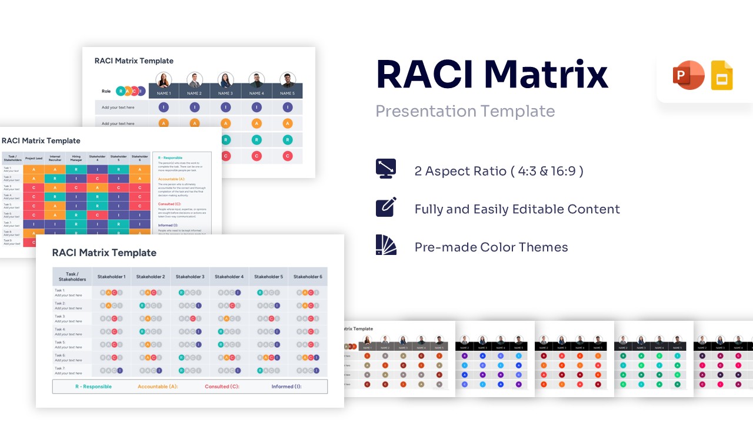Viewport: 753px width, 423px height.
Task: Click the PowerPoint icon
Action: (x=688, y=76)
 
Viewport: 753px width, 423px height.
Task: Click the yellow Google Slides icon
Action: (x=722, y=76)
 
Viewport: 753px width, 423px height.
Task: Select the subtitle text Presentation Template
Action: (x=465, y=111)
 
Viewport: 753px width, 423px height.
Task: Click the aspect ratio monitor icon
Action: (x=386, y=169)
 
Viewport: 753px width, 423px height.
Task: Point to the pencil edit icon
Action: (x=386, y=207)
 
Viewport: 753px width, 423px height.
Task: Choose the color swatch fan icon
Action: (x=386, y=245)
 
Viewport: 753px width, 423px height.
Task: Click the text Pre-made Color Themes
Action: (x=491, y=247)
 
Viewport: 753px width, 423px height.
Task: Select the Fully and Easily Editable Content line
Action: (x=517, y=209)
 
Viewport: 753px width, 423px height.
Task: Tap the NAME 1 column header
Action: (x=164, y=93)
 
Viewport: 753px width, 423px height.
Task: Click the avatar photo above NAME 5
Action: (x=287, y=80)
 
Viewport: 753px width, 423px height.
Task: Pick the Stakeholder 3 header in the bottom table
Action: (x=190, y=277)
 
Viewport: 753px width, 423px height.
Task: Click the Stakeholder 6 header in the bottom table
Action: (x=308, y=277)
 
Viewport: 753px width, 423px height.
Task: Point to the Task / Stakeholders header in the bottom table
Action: (x=72, y=277)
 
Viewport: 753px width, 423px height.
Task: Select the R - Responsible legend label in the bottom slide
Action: (x=93, y=387)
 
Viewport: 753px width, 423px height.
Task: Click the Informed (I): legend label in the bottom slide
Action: (x=286, y=387)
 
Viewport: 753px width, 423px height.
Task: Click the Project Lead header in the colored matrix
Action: (x=34, y=158)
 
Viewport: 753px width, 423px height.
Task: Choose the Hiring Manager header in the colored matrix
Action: (x=76, y=158)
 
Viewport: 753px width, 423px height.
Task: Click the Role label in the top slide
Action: (x=106, y=91)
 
